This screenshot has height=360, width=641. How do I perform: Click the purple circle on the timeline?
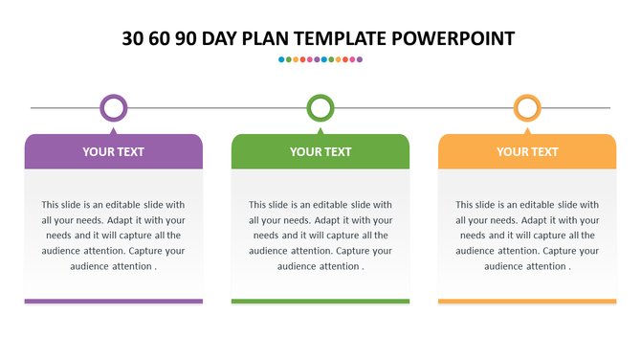coord(114,107)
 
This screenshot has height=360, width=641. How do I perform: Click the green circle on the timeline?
coord(320,107)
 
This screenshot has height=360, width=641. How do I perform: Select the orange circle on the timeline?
coord(527,107)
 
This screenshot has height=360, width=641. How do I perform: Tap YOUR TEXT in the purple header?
coord(113,151)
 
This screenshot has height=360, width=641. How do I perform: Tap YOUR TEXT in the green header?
coord(320,151)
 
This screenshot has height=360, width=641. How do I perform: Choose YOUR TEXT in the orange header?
coord(527,151)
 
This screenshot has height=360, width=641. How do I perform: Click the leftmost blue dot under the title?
coord(281,59)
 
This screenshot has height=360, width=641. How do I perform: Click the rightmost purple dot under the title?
coord(360,59)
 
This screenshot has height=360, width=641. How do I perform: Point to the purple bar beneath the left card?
coord(113,302)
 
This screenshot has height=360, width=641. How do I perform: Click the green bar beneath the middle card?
coord(320,302)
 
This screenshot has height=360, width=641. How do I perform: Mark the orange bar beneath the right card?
coord(527,302)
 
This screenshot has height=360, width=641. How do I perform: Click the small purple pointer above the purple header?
coord(114,129)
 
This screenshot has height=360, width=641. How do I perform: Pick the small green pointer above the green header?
coord(320,129)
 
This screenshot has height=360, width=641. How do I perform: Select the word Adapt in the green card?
coord(325,220)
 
